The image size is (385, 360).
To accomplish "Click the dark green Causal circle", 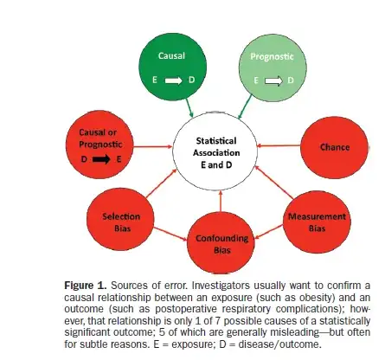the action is [x=173, y=67].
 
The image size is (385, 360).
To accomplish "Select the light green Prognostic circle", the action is [x=273, y=67].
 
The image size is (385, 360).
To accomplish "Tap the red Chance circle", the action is [x=334, y=148].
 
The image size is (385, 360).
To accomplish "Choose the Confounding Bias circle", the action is [x=221, y=242].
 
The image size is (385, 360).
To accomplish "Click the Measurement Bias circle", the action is [x=317, y=222].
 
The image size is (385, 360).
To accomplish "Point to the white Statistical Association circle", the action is [x=215, y=151].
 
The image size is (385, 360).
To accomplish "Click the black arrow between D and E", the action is [x=101, y=159].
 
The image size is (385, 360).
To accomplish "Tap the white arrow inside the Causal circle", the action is [x=173, y=80].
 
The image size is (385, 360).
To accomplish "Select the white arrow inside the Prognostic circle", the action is [x=273, y=80].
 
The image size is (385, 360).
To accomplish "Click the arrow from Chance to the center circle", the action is [x=279, y=145].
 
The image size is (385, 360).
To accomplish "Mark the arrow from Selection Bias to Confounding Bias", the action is [x=170, y=234].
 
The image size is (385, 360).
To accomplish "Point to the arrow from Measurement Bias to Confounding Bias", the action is [x=269, y=232].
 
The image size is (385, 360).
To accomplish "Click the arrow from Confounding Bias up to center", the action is [x=221, y=201].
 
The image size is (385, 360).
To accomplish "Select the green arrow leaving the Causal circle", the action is [x=189, y=107].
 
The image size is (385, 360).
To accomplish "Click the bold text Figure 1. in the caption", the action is [x=86, y=286].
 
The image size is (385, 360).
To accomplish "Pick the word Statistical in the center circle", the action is [x=216, y=141].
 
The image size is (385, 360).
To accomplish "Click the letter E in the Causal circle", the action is [x=155, y=80].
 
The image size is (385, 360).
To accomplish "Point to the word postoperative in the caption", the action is [x=186, y=309].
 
